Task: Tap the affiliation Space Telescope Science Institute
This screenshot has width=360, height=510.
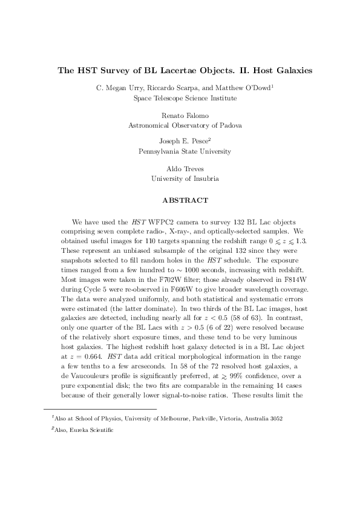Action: click(185, 97)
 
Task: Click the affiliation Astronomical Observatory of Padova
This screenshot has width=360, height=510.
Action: click(185, 125)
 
